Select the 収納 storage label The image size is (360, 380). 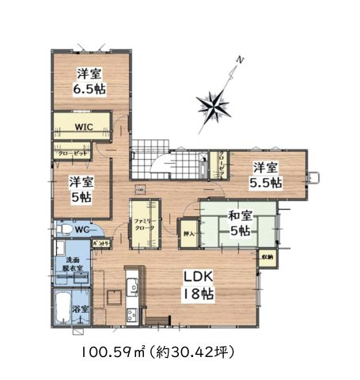[267, 257]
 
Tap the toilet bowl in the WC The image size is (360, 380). [61, 230]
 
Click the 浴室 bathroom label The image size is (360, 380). [81, 308]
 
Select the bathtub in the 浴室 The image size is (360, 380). [61, 309]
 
